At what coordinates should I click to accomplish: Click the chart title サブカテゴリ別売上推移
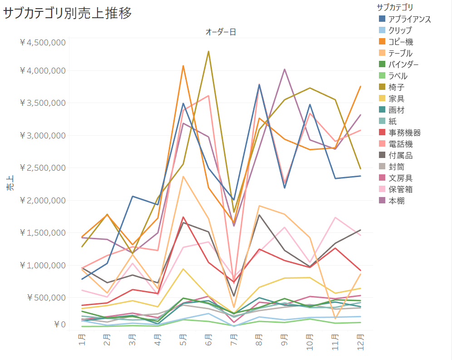[68, 14]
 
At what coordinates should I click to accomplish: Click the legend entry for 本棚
[396, 201]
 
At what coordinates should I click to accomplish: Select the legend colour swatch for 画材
[382, 110]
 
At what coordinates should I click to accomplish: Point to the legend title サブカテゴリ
[395, 7]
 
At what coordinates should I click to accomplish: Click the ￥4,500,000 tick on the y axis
[43, 43]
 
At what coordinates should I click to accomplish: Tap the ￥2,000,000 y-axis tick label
[43, 200]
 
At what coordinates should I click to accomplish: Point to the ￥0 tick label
[59, 324]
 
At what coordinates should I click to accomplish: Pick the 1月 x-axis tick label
[82, 339]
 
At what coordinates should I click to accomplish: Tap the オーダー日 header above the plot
[221, 32]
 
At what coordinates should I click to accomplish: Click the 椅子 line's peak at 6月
[208, 51]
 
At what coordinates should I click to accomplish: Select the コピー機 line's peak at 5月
[183, 66]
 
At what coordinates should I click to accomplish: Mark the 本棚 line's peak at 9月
[284, 69]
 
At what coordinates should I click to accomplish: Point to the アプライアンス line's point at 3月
[132, 196]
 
